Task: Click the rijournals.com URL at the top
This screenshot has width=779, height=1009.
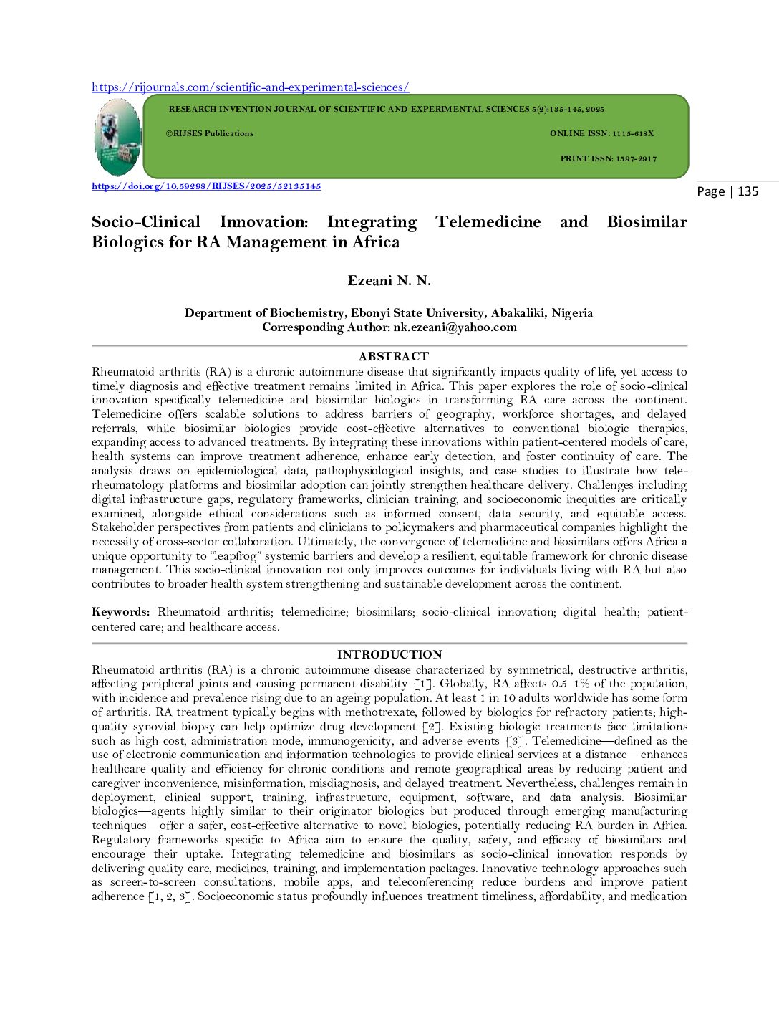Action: (250, 87)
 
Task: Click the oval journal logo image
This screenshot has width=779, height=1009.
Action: (117, 137)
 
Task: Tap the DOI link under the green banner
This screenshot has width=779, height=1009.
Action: (206, 186)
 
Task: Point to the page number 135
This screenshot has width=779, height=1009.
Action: (747, 191)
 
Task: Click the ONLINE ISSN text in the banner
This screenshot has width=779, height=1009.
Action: (601, 133)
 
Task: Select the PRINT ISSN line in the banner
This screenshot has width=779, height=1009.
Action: (608, 158)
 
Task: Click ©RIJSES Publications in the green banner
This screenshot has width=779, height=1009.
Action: (210, 133)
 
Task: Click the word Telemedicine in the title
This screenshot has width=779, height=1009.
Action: (488, 222)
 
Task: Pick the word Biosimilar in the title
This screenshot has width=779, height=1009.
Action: (647, 222)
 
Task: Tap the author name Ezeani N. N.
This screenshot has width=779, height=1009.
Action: (389, 281)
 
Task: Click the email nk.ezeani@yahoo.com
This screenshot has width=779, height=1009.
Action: (455, 327)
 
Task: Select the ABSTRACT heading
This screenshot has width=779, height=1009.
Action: (393, 356)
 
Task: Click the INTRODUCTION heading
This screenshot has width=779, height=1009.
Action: (389, 654)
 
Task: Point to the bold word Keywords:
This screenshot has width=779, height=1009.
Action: (120, 612)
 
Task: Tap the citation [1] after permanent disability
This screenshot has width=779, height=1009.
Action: (424, 684)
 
